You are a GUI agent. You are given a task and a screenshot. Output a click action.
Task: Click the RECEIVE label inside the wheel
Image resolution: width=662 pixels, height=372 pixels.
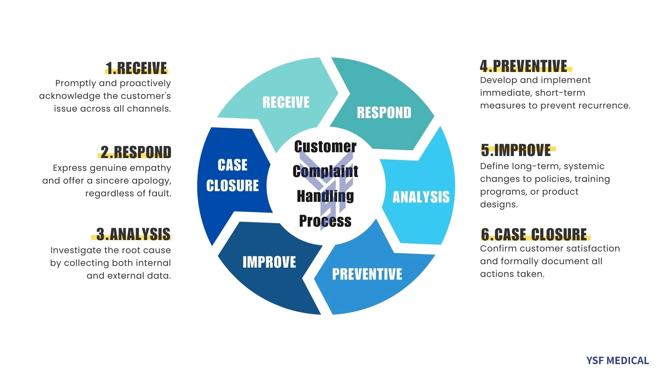point(286,102)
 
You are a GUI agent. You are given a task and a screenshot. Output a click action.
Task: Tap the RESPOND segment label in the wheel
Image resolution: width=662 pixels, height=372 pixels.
point(384,113)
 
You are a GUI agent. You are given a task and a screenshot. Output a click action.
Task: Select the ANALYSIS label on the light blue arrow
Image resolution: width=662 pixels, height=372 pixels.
point(421,197)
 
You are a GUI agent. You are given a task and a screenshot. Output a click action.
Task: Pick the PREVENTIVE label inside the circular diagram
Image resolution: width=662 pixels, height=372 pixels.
point(367,274)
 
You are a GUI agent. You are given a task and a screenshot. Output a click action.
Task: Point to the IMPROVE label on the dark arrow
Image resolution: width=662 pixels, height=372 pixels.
point(269,262)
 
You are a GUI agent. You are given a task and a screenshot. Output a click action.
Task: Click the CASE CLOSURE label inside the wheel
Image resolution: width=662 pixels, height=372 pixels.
point(232,175)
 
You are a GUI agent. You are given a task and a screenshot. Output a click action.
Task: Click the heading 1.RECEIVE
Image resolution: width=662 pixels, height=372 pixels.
point(136,68)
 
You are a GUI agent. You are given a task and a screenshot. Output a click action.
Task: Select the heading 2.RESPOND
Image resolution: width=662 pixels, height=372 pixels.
point(136,152)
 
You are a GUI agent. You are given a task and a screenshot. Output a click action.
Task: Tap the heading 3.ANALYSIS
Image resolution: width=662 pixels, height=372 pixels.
point(133,234)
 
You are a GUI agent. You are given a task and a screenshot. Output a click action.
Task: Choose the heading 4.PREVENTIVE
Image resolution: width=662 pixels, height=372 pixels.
point(523,66)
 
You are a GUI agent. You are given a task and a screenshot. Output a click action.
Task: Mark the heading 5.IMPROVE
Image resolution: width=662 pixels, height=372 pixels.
point(516,150)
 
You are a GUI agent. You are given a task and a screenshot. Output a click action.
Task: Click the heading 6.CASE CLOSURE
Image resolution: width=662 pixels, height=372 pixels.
point(534,234)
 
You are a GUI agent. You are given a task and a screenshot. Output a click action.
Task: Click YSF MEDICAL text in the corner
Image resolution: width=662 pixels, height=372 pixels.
point(618,361)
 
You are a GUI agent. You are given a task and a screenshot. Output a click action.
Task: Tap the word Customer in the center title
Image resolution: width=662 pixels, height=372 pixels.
point(325,147)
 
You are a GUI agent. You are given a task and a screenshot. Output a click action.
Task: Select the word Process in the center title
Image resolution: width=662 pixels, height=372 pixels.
point(325,221)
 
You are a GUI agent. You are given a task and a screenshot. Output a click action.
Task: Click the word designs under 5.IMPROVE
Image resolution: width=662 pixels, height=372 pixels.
point(499,205)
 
